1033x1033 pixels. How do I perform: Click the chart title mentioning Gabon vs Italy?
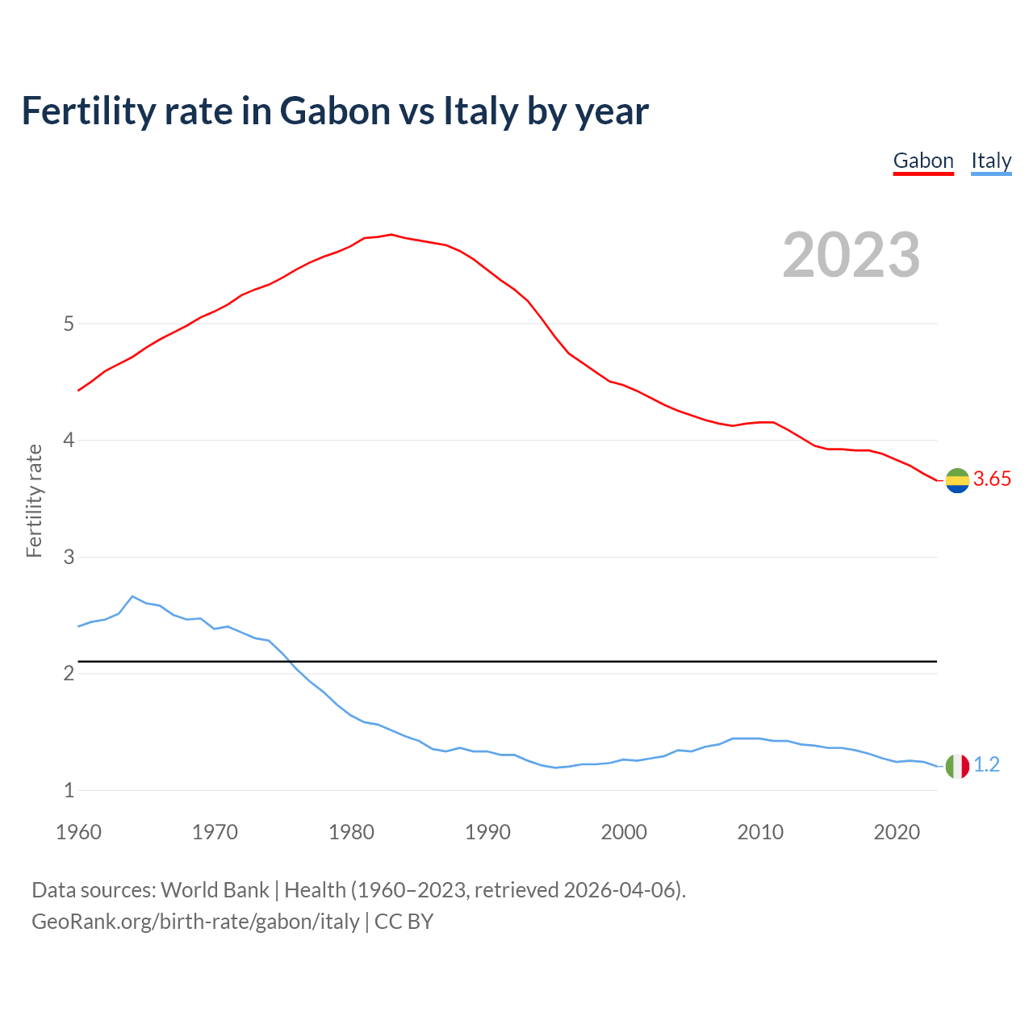(334, 111)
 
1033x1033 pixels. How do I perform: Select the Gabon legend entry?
(923, 161)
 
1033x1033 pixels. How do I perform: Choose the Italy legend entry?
(991, 161)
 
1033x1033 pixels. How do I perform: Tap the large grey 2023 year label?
(851, 255)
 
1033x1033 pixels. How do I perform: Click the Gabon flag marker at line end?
(957, 480)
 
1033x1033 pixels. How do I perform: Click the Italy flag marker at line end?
(957, 766)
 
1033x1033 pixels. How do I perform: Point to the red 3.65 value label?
(992, 479)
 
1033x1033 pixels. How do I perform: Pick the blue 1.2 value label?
(986, 764)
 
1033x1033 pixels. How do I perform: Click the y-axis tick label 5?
(69, 324)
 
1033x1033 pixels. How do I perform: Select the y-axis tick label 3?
(69, 557)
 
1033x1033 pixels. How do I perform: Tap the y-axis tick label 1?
(69, 791)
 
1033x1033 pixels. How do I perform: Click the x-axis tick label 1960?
(78, 832)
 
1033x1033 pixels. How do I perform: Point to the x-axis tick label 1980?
(351, 832)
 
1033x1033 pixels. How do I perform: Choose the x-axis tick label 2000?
(624, 832)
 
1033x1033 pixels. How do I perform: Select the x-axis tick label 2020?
(897, 832)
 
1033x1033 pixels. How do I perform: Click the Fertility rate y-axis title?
(34, 500)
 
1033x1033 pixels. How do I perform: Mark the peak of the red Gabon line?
(391, 235)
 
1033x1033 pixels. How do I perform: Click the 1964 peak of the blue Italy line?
(132, 596)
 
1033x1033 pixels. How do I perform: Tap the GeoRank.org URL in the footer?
(195, 922)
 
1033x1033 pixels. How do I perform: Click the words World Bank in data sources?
(215, 890)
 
